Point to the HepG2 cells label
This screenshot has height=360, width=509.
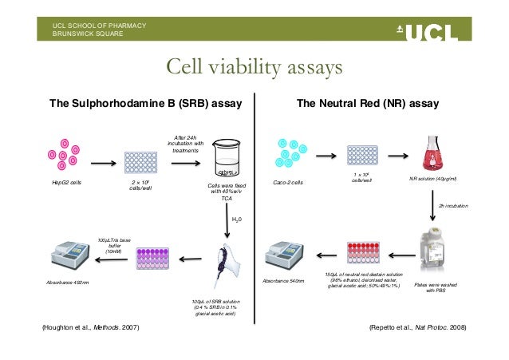pos(66,183)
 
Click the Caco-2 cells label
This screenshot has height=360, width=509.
pos(289,183)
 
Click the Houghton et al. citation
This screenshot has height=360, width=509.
pos(89,329)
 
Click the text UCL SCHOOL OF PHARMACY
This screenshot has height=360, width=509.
pos(99,26)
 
